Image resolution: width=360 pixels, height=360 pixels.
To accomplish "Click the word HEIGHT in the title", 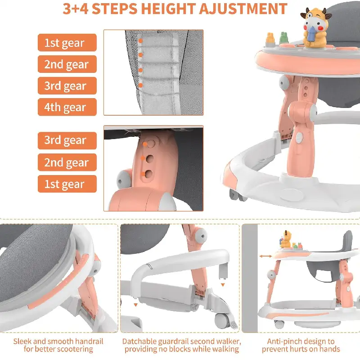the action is click(x=168, y=9).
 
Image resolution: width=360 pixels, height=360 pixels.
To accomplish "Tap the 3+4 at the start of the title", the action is click(x=76, y=9).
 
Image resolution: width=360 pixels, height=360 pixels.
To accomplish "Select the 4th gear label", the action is click(x=67, y=107).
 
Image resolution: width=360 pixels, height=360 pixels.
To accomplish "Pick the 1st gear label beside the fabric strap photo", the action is click(x=67, y=42).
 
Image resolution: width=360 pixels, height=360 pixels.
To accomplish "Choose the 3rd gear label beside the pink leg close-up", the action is click(x=67, y=140).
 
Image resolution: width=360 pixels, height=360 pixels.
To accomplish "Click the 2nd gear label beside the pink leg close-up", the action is click(x=67, y=162).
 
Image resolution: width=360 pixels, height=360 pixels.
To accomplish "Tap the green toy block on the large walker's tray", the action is click(x=284, y=38).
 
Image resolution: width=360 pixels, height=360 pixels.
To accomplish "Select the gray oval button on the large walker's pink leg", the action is click(x=298, y=138).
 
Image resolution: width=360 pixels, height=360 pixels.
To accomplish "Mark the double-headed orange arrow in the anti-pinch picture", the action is click(x=265, y=256).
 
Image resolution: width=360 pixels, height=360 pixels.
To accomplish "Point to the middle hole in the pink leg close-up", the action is click(x=150, y=159).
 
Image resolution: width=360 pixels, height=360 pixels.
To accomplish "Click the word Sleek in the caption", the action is click(x=22, y=341).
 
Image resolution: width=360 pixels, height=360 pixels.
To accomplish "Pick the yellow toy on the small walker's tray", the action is click(x=286, y=239).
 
